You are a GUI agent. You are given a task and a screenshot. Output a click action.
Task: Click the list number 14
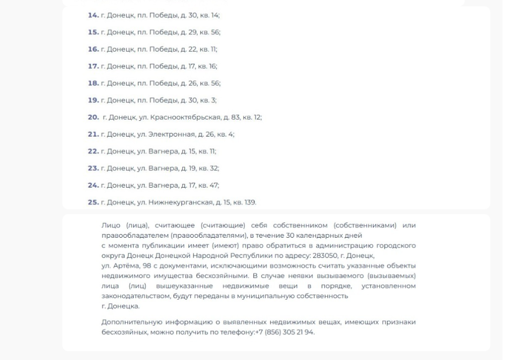click(93, 15)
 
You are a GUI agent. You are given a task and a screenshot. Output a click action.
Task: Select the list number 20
click(93, 117)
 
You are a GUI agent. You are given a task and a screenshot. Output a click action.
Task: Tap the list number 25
click(93, 202)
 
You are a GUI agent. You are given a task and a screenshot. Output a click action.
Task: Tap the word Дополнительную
click(127, 322)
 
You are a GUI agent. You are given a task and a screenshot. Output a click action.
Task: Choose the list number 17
click(93, 66)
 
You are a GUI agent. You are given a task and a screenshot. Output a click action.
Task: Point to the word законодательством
click(131, 296)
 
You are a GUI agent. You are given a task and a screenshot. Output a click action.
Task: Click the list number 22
click(93, 151)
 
